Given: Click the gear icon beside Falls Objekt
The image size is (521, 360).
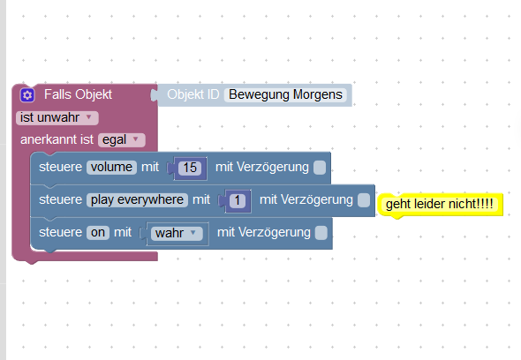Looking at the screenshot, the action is (x=27, y=95).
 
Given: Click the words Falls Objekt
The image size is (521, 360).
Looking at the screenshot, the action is (x=78, y=94).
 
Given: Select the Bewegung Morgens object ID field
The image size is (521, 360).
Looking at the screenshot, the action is (x=285, y=94).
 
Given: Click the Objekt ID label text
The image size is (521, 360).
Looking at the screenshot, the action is (x=193, y=94).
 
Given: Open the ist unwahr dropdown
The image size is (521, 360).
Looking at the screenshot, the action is (x=57, y=117).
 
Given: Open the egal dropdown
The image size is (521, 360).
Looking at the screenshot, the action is (x=122, y=139).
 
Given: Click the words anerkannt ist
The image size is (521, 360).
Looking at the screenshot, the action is (x=57, y=139).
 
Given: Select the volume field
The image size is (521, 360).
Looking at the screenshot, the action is (x=111, y=167).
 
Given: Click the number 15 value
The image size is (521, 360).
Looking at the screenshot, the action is (x=190, y=168).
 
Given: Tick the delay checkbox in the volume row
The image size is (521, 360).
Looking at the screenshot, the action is (x=320, y=168).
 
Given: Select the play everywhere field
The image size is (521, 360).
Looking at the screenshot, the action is (x=137, y=200).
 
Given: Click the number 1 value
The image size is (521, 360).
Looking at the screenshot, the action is (x=238, y=200).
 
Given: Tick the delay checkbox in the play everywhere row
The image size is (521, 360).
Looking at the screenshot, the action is (x=364, y=200).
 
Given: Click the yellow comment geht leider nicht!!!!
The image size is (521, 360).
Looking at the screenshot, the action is (x=440, y=204).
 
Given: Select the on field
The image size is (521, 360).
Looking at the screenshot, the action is (x=98, y=232).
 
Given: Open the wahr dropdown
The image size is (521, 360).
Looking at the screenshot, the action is (x=177, y=233).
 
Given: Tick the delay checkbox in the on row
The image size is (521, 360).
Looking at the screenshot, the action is (x=321, y=233).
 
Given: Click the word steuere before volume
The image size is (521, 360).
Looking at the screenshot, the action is (x=60, y=167).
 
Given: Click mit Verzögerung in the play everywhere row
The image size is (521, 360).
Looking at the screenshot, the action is (x=306, y=200).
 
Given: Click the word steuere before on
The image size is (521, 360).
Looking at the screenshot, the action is (x=60, y=232).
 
